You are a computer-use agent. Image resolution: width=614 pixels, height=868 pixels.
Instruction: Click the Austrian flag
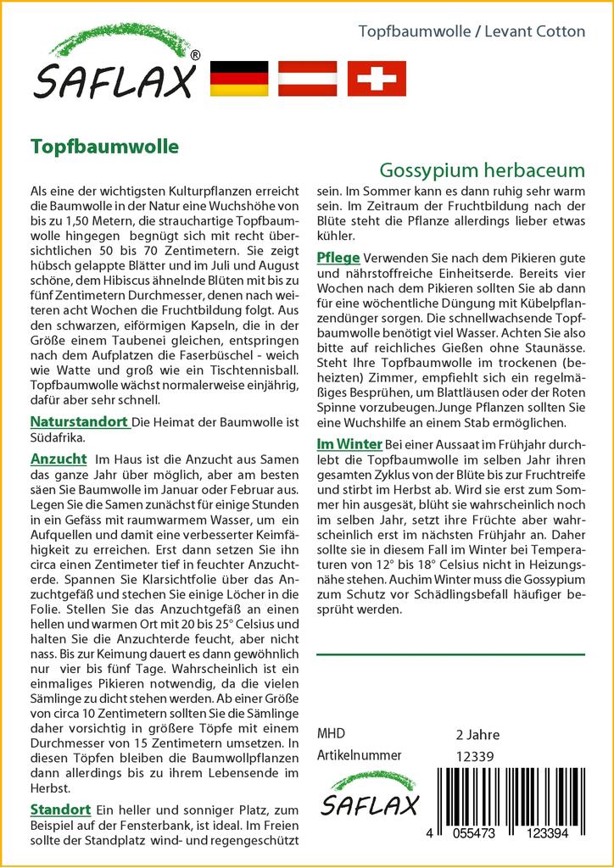309,78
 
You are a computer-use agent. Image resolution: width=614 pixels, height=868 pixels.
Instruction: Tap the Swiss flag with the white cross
377,78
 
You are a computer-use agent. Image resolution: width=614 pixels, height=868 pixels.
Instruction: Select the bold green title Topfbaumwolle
104,145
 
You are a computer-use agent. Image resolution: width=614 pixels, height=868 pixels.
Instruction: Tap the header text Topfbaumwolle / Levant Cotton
472,31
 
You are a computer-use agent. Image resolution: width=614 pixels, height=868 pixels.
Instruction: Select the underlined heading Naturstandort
80,421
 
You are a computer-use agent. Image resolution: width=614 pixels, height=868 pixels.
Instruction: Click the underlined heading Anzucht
59,459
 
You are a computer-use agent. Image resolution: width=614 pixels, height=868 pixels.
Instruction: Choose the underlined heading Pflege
338,258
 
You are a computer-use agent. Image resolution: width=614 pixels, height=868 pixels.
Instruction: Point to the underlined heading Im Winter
349,443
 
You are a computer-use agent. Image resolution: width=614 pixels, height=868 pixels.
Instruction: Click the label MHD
331,733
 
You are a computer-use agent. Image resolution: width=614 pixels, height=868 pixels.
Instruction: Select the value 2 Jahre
477,734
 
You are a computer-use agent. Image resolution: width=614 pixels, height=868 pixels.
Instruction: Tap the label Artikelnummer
359,754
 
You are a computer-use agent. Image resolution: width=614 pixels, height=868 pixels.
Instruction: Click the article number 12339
475,755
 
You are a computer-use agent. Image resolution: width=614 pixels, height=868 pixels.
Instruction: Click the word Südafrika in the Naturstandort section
57,438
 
